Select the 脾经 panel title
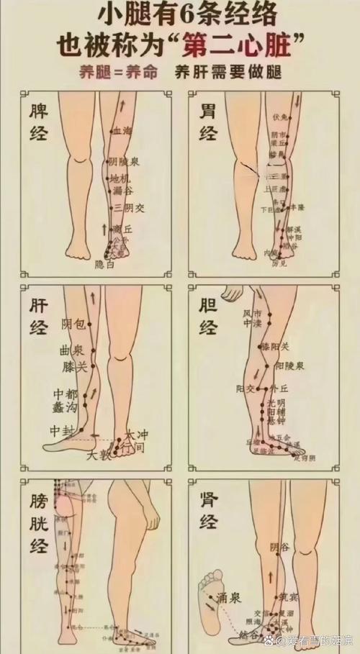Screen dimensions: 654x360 [38, 122]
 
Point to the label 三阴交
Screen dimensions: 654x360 [130, 208]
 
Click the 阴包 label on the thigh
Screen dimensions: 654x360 [73, 324]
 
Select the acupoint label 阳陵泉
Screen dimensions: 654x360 [289, 365]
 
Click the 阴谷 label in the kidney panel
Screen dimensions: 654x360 [281, 548]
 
